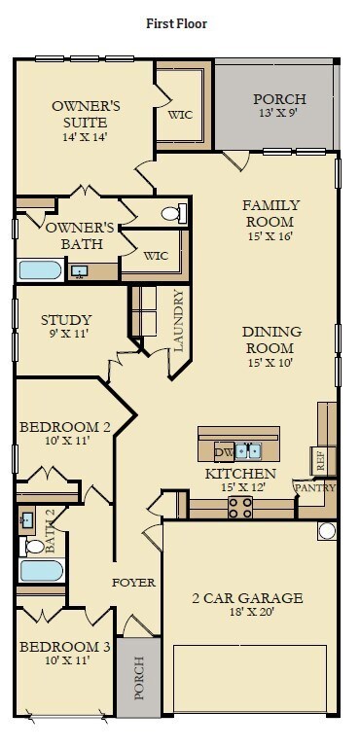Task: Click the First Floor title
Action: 177,23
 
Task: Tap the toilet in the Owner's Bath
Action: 174,213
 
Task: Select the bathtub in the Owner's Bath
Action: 41,270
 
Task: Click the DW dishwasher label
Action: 224,451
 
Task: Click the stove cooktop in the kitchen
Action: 240,507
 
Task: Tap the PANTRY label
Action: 315,487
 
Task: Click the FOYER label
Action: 133,583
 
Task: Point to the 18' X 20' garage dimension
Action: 247,612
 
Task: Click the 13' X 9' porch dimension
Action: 279,113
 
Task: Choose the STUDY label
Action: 66,320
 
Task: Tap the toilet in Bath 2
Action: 33,547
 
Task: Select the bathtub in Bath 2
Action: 42,571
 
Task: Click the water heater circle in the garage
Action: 328,531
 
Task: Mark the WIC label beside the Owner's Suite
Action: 180,115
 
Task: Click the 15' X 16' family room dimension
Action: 270,235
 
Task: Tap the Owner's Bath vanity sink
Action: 79,271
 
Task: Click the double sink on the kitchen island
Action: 249,450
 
